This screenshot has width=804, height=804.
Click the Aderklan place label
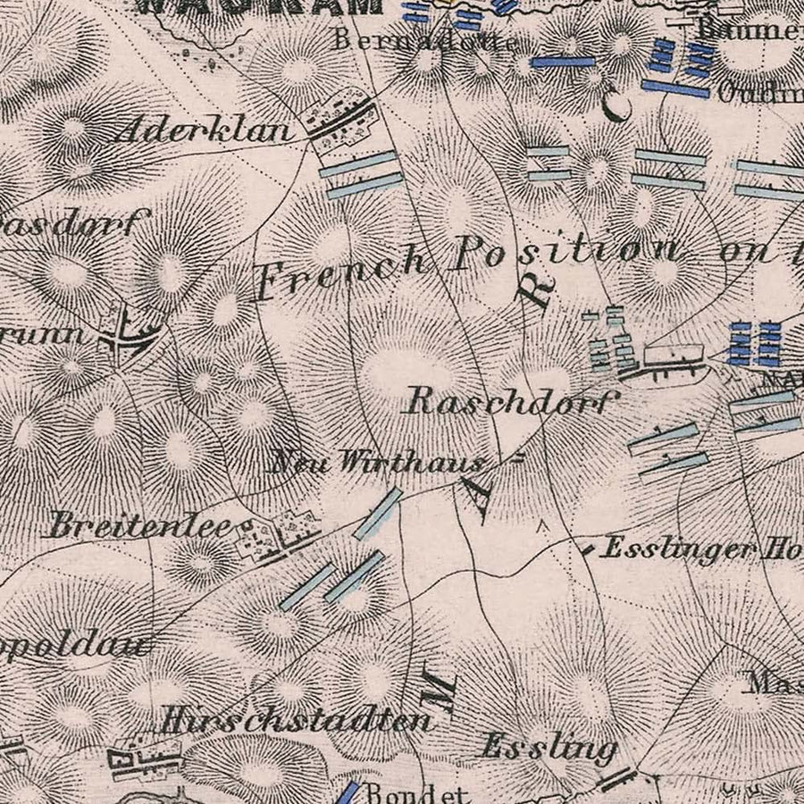click(204, 131)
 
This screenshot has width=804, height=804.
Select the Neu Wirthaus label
click(379, 462)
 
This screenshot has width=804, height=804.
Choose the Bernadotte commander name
click(425, 39)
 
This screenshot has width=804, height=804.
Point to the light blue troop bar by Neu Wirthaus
click(377, 514)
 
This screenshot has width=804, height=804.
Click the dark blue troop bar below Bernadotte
click(562, 63)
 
